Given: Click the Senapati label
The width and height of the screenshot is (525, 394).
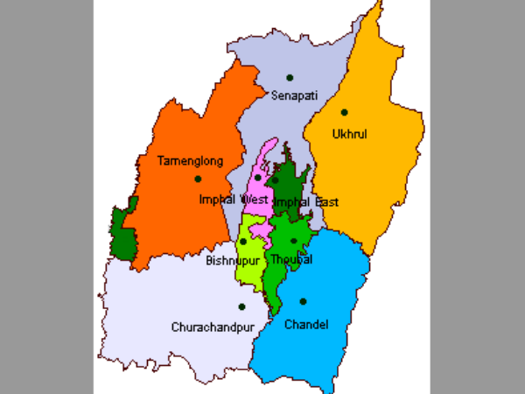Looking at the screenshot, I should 294,94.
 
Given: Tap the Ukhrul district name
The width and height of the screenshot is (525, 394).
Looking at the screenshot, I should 348,134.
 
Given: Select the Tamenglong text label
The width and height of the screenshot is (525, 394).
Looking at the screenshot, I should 190,161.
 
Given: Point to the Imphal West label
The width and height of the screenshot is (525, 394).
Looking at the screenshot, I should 233,200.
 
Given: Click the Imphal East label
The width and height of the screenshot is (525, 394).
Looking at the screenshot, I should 305,202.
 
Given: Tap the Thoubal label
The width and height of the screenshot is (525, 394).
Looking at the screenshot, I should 291,260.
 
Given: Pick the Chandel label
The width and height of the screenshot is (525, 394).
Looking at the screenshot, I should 306,325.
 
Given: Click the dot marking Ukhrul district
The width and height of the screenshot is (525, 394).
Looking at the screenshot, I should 345,112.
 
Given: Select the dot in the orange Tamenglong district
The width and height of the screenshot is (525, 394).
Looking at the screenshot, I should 199,179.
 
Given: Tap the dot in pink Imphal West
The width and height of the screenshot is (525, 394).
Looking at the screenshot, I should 258,178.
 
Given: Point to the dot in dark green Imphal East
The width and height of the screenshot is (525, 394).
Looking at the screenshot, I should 275,181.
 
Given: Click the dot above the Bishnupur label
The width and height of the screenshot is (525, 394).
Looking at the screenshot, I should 243,242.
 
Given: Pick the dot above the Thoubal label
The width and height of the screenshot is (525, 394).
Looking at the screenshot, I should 294,241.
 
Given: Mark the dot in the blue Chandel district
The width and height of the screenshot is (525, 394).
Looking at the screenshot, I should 303,301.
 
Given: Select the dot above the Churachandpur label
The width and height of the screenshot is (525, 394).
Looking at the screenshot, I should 241,306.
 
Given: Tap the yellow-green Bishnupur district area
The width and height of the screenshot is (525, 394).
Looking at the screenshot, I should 248,263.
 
